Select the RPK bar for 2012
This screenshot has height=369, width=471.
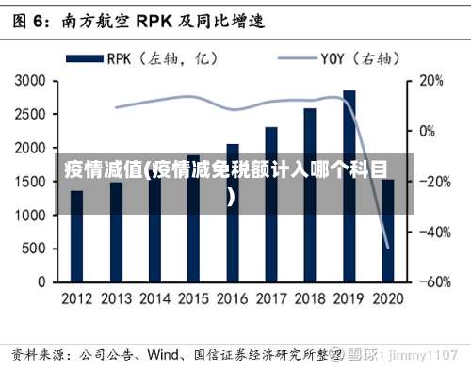76,235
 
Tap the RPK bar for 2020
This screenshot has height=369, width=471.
388,230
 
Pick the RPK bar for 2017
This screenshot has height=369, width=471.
271,203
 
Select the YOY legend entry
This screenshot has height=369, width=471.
335,58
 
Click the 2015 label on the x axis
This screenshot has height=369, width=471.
193,298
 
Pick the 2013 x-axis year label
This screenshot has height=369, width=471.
116,298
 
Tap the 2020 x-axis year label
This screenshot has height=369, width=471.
387,298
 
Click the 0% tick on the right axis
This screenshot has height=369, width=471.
430,132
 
